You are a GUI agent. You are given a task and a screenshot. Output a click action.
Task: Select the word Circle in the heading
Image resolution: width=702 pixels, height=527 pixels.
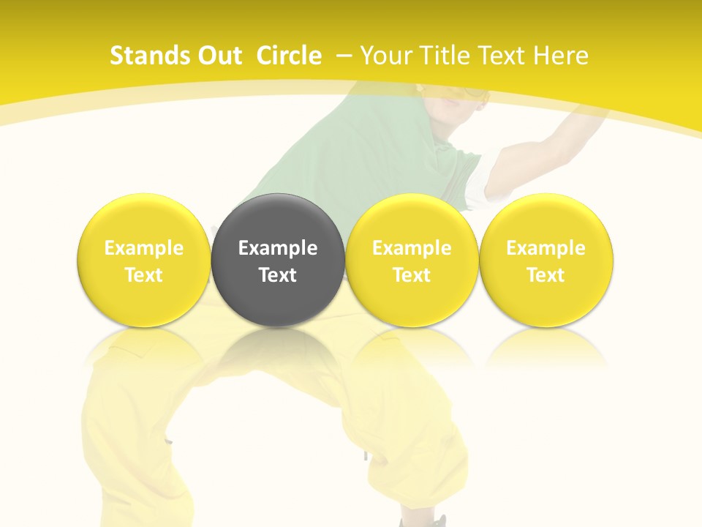click(289, 56)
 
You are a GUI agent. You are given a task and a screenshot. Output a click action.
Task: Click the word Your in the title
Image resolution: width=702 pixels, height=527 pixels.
click(385, 56)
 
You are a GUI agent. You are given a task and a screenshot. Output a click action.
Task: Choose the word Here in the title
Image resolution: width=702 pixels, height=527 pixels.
click(562, 56)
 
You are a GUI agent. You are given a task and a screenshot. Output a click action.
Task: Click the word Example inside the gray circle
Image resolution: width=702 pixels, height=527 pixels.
click(278, 248)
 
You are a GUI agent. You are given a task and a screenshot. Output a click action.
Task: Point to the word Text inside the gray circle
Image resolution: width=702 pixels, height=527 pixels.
click(278, 275)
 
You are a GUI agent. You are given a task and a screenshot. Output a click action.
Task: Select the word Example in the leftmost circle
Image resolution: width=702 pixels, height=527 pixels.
click(143, 248)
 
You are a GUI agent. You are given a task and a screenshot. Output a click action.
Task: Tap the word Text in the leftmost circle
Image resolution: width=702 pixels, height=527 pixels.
click(143, 275)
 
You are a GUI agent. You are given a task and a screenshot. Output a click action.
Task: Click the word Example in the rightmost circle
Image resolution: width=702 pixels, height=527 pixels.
click(546, 248)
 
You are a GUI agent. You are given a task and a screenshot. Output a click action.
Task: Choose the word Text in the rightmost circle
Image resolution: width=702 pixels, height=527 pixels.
click(546, 275)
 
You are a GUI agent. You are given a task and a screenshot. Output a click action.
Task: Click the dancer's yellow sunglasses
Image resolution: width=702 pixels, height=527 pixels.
click(468, 94)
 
